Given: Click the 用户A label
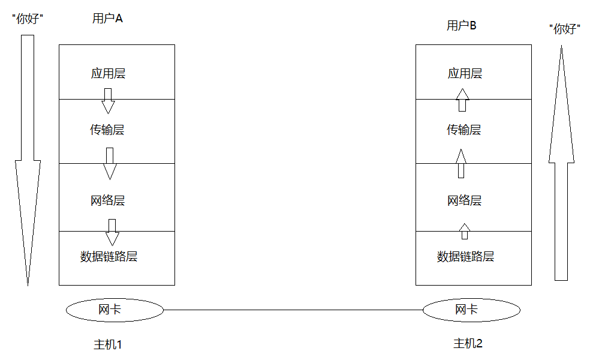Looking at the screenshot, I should coord(107,19).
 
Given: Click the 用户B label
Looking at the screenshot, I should coord(462,25).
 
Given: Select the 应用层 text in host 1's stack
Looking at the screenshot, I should coord(108,74).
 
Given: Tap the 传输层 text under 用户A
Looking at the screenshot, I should coord(107,130).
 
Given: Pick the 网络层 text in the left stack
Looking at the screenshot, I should coord(108,200).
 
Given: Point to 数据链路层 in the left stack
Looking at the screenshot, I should coord(109,257).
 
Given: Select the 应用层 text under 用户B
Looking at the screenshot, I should coord(465,74).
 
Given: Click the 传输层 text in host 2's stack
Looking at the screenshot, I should coord(463,130).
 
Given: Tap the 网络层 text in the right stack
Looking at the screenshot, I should coord(465,200).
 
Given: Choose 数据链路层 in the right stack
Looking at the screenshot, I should coord(466,257).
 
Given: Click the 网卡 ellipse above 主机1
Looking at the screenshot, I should coord(114,310).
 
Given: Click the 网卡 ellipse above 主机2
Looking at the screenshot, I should coord(471,310).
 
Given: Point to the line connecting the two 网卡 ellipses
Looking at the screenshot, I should coord(293,310).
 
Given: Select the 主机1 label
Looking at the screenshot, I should coord(108,345).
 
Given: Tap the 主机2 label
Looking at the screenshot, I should coord(468,344).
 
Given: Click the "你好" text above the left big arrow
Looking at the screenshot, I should coord(28,19).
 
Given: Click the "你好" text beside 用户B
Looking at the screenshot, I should coord(565,29).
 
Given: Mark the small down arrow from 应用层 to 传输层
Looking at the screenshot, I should coord(108,100).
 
